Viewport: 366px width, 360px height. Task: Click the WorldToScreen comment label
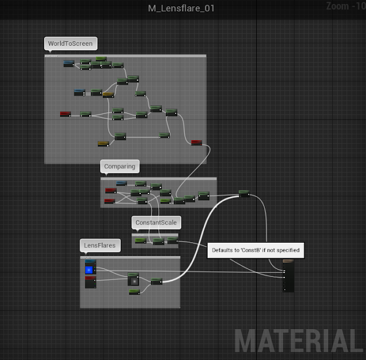[x=70, y=43]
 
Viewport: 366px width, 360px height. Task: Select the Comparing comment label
[x=120, y=167]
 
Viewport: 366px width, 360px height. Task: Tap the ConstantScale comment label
[x=156, y=222]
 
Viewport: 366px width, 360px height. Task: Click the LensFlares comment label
[x=100, y=246]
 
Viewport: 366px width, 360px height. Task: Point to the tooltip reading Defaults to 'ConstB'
[x=255, y=250]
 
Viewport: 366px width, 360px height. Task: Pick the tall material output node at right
[x=288, y=275]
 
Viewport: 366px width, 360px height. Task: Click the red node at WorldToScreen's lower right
[x=196, y=143]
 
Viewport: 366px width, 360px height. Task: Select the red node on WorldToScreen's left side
[x=65, y=114]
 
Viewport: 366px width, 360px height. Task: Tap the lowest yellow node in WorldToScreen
[x=103, y=143]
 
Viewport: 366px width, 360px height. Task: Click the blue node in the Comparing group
[x=121, y=183]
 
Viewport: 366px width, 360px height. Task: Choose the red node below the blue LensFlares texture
[x=90, y=282]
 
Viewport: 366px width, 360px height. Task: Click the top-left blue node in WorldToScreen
[x=69, y=63]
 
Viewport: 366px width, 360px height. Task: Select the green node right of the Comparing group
[x=244, y=193]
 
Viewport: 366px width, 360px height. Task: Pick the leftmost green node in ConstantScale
[x=140, y=240]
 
